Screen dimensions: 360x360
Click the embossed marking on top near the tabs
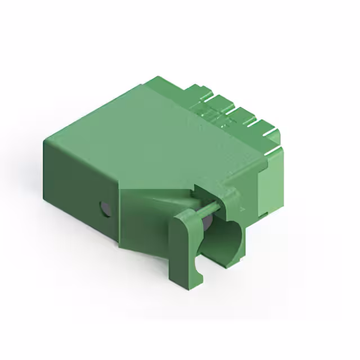[x=211, y=115]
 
